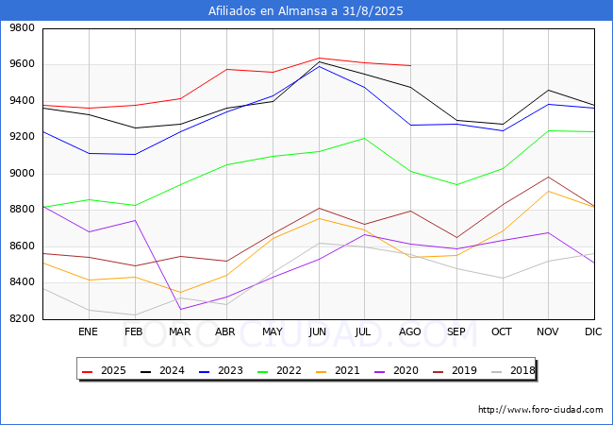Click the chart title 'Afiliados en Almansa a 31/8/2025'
coord(306,11)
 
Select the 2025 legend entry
coord(105,370)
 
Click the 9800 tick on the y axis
coord(22,28)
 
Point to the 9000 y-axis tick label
coord(22,174)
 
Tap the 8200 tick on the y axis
coord(22,319)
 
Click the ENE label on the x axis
coord(88,331)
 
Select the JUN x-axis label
coord(318,331)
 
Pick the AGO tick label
coord(410,331)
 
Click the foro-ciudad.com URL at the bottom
coord(540,410)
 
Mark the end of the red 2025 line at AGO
coord(410,65)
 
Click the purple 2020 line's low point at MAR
coord(180,309)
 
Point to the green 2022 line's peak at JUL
coord(364,138)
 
